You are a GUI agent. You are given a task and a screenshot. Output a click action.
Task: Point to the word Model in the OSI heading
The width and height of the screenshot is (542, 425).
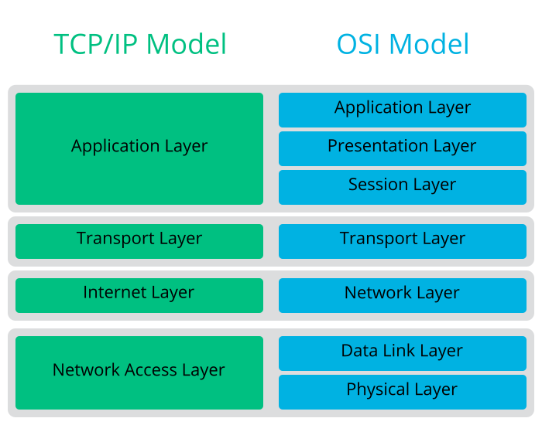430,44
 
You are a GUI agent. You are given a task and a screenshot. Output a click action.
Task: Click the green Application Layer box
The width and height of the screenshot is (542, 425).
139,148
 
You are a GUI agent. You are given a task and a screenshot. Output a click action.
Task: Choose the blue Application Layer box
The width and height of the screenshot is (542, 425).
403,109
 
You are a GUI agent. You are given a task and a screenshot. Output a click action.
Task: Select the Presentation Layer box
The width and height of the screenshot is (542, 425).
403,148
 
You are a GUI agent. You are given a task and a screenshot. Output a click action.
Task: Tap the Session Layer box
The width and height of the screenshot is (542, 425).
403,186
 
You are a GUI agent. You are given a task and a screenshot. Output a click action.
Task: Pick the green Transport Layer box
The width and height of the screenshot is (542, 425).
139,240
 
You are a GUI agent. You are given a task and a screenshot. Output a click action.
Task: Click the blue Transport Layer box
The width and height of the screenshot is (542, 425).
403,240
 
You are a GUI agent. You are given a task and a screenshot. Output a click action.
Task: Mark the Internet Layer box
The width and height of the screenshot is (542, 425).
139,294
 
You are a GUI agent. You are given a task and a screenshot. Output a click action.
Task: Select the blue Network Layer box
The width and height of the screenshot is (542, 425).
403,294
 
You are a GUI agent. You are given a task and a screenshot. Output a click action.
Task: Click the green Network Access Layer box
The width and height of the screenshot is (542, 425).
139,372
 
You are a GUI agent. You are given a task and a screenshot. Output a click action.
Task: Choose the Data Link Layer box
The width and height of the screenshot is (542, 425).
403,352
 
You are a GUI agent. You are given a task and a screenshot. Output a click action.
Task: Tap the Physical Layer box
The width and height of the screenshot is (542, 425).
403,391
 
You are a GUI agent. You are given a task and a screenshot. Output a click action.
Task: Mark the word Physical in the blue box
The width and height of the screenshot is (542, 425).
379,390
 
